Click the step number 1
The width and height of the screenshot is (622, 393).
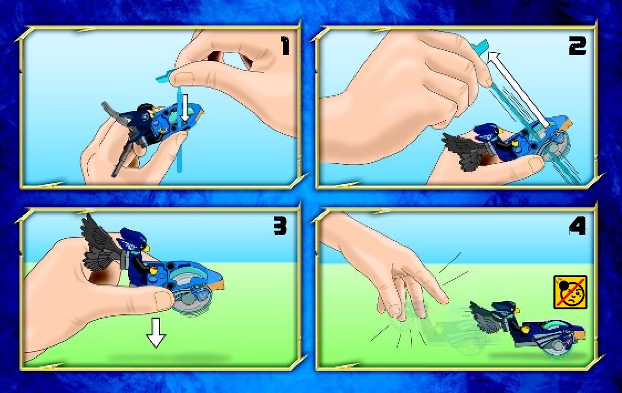(285, 45)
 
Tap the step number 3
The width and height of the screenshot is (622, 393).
(280, 227)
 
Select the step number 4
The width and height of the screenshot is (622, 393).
(577, 227)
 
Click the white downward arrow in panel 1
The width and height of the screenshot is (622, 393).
(185, 107)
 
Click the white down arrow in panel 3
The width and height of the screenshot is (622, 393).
(156, 333)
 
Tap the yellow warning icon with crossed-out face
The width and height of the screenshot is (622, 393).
(570, 292)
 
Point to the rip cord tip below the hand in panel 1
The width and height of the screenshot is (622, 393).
(180, 161)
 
